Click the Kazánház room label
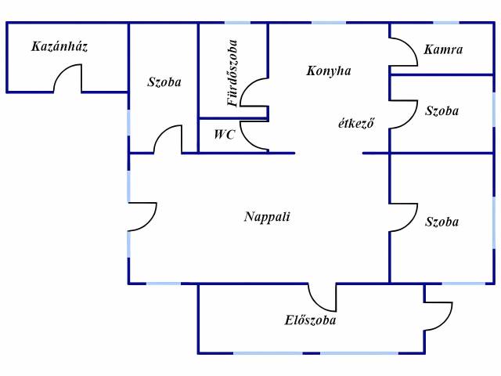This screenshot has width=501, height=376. (x=59, y=47)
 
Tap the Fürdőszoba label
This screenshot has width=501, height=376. (x=232, y=72)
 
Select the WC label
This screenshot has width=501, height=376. (x=225, y=135)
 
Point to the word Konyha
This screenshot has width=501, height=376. (x=328, y=70)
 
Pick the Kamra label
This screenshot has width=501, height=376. (x=443, y=49)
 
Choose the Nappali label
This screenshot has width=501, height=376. (x=267, y=217)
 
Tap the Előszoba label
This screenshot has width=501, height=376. (x=311, y=320)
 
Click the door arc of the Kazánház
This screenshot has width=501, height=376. (x=67, y=79)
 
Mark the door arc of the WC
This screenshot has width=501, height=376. (x=252, y=135)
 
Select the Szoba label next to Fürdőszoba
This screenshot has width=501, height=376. (x=164, y=82)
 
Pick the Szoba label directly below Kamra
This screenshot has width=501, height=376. (x=442, y=110)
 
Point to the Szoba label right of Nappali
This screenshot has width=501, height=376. (x=442, y=222)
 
